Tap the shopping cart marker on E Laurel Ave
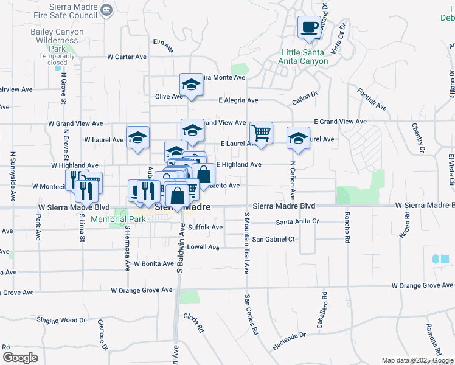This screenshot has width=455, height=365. (x=261, y=133)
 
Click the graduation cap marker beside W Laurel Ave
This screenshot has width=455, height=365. (x=137, y=137)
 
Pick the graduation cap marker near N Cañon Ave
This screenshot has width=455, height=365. (x=298, y=137)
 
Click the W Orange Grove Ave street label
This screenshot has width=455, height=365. (x=423, y=285)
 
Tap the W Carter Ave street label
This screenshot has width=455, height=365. (x=127, y=57)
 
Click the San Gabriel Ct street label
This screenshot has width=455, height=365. (x=274, y=239)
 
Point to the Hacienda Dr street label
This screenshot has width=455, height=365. (x=289, y=341)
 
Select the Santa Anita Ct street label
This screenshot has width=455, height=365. (x=297, y=221)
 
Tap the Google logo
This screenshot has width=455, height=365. (x=20, y=358)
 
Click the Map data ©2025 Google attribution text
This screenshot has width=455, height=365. (x=417, y=360)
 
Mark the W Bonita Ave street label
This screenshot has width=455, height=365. (x=155, y=263)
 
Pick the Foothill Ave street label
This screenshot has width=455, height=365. (x=372, y=100)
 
